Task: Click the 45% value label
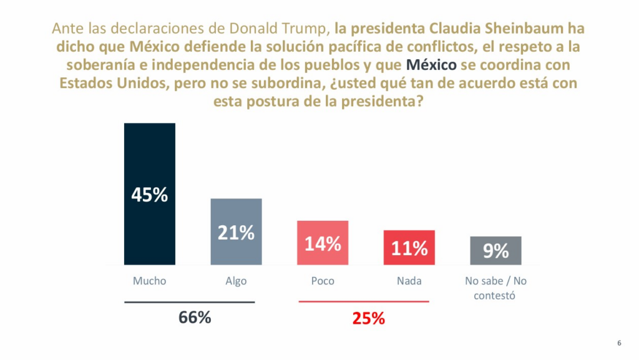coord(150,195)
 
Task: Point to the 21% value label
coord(236,233)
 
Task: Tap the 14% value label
coord(323,243)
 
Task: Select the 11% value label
coord(409,249)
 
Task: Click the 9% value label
coord(495,251)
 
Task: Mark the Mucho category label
coord(150,281)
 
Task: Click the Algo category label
coord(236,281)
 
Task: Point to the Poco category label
coord(323,281)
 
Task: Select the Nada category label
coord(409,281)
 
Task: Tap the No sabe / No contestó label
coord(495,288)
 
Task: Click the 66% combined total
coord(195,318)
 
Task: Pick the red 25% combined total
coord(368,319)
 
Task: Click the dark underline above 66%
coord(190,303)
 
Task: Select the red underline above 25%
coord(364,302)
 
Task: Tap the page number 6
coord(619,343)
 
